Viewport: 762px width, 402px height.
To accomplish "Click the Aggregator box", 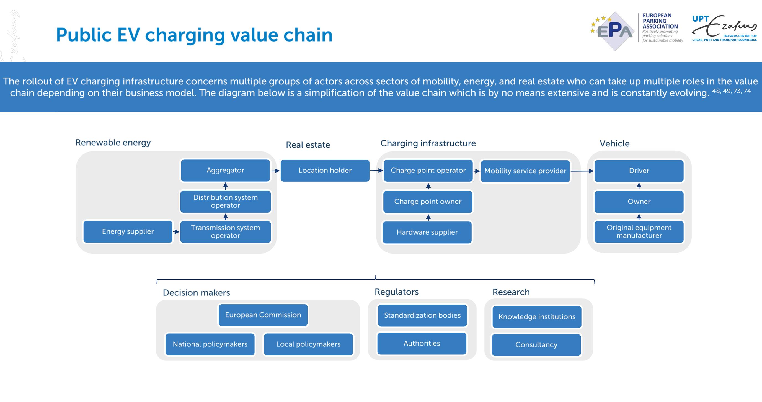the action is tap(225, 170).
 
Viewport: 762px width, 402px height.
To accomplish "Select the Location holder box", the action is tap(325, 170).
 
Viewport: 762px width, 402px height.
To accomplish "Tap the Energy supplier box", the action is tap(128, 232).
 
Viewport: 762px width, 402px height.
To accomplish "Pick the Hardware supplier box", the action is tap(427, 232).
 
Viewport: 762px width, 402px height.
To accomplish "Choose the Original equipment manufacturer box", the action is tap(639, 232).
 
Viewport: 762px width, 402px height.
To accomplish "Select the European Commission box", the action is tap(263, 315).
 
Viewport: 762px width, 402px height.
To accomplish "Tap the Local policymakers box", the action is tap(308, 344).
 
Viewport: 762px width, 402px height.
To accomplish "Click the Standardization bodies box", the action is tap(422, 316).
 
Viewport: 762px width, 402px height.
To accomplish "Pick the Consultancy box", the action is tap(536, 345).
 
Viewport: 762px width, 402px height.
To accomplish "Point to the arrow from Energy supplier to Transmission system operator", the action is tap(176, 232).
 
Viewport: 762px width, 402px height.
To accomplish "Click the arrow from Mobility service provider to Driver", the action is tap(582, 171).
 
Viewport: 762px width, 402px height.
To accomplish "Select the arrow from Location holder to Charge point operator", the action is tap(376, 171).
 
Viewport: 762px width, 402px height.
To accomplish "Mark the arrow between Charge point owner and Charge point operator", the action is tap(428, 186).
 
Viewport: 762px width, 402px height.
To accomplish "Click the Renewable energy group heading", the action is tap(113, 143).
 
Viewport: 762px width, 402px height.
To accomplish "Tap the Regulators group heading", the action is tap(396, 292).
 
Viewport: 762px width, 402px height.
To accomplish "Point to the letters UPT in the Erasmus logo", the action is tap(701, 19).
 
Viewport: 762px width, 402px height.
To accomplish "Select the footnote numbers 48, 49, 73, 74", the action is tap(731, 91).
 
